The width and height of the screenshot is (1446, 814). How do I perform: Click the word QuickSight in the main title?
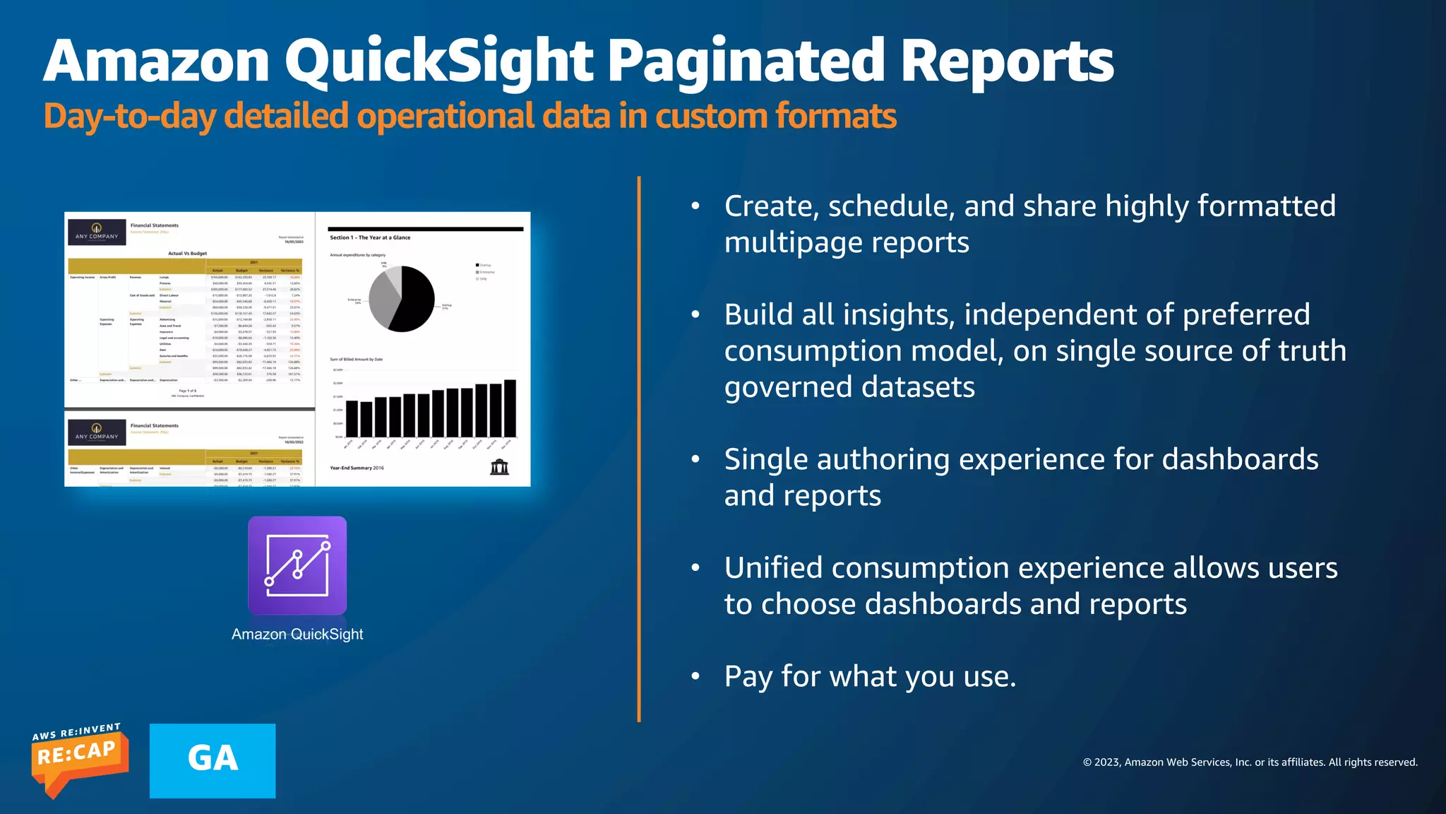pyautogui.click(x=438, y=62)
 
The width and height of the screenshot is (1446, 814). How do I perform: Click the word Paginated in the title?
pyautogui.click(x=746, y=62)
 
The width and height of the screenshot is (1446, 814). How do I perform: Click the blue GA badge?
pyautogui.click(x=213, y=760)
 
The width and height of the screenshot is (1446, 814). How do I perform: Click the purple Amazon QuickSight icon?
pyautogui.click(x=297, y=565)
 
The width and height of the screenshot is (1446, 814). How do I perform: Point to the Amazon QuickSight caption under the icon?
pyautogui.click(x=297, y=635)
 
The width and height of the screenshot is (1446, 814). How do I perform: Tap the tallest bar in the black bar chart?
pyautogui.click(x=510, y=408)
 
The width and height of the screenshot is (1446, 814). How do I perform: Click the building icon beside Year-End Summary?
pyautogui.click(x=499, y=467)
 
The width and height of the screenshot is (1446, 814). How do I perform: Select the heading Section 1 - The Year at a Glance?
pyautogui.click(x=370, y=237)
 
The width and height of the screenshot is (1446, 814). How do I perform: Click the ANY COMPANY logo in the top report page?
pyautogui.click(x=97, y=232)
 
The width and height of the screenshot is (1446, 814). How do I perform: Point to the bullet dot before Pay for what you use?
pyautogui.click(x=695, y=677)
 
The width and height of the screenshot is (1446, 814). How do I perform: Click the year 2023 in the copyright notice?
pyautogui.click(x=1107, y=762)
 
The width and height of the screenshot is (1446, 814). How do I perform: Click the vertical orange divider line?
pyautogui.click(x=639, y=449)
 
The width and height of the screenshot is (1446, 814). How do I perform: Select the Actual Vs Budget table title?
pyautogui.click(x=187, y=253)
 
